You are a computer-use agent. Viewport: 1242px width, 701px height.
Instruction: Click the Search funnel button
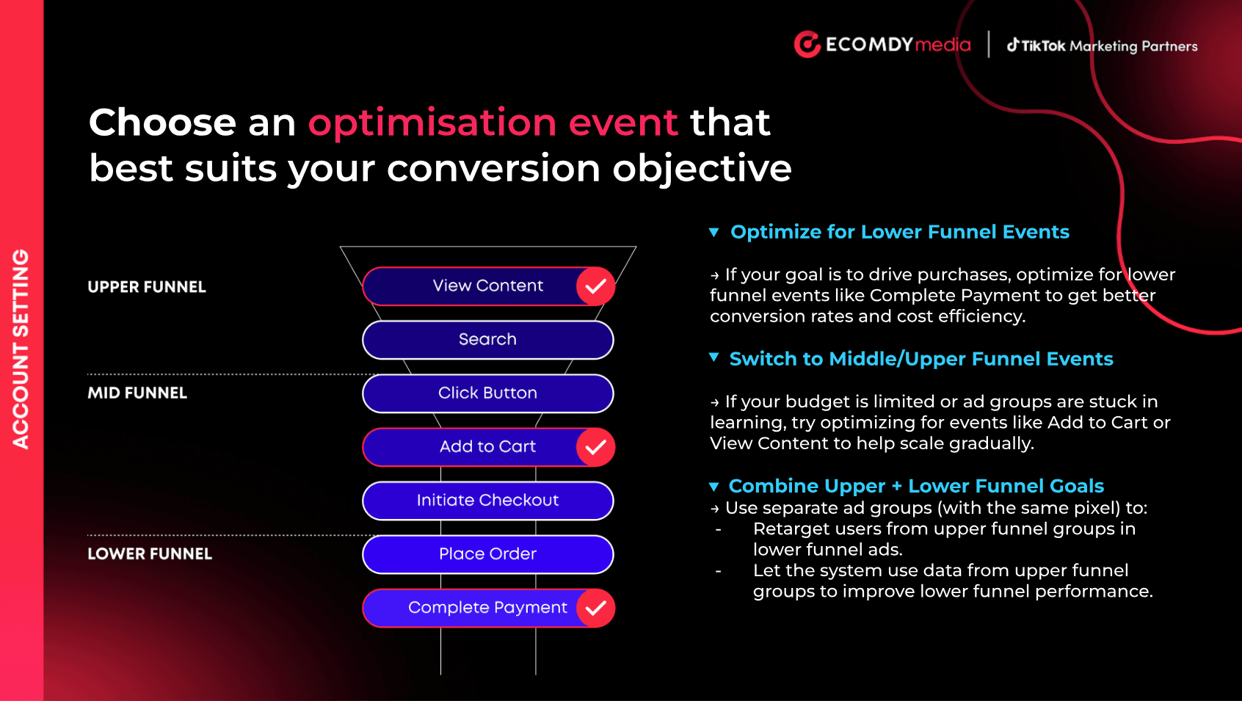click(x=488, y=339)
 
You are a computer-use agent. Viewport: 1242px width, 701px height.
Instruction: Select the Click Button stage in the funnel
click(x=488, y=393)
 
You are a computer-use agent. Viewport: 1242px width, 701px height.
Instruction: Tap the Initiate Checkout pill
click(x=488, y=500)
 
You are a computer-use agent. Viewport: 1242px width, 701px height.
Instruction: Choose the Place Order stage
click(x=488, y=554)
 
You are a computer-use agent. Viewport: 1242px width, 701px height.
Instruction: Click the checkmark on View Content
click(x=595, y=286)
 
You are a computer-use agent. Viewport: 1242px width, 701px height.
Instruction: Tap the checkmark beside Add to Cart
click(x=595, y=447)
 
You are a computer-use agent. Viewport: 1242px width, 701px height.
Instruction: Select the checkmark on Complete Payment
click(x=595, y=608)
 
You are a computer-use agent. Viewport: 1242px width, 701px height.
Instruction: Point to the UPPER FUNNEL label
click(x=147, y=287)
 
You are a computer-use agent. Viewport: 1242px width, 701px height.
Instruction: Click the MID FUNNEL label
click(x=137, y=393)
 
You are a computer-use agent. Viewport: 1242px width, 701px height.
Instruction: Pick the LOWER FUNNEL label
click(x=150, y=553)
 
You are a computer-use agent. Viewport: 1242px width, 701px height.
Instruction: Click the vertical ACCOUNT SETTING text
click(x=21, y=349)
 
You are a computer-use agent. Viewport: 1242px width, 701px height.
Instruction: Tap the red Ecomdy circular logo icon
click(x=807, y=44)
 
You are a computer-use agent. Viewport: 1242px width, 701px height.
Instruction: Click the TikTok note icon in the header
click(x=1013, y=45)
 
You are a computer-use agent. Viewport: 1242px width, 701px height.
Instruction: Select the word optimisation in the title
click(x=432, y=123)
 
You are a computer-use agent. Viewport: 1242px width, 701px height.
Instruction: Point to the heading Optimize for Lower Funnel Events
click(x=900, y=232)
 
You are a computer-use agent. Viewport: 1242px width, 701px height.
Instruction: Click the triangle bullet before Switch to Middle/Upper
click(x=714, y=357)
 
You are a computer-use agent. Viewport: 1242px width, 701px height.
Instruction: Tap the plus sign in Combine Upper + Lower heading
click(x=897, y=487)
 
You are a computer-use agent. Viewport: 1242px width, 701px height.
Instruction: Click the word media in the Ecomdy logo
click(x=943, y=44)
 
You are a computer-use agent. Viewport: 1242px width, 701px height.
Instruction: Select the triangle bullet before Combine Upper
click(x=714, y=487)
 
